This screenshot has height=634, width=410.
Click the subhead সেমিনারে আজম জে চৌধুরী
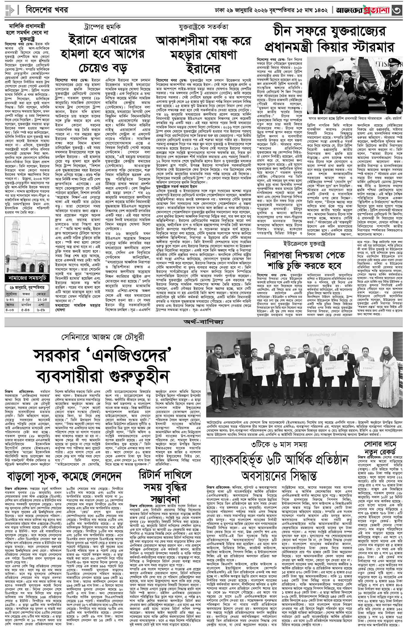(102, 337)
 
